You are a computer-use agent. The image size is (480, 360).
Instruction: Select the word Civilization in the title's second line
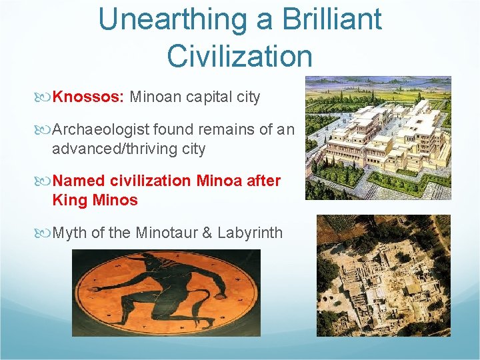[x=239, y=55]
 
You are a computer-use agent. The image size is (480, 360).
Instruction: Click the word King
[x=69, y=200]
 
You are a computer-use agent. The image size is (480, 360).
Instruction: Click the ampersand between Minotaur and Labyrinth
[x=207, y=233]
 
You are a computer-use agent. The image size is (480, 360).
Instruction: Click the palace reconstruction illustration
[x=378, y=137]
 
